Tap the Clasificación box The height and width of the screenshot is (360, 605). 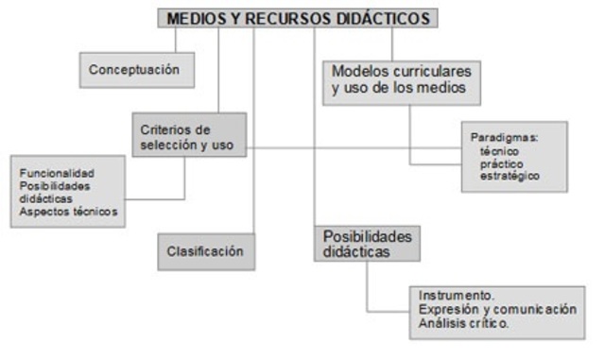point(205,251)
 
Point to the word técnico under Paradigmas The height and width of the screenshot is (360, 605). point(500,151)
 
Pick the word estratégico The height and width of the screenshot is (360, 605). point(510,176)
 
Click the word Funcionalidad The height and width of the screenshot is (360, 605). point(58,174)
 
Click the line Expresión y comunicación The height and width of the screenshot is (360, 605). point(496,309)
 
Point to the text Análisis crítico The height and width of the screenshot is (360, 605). point(463,322)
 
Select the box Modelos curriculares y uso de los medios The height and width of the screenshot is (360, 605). point(401,81)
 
